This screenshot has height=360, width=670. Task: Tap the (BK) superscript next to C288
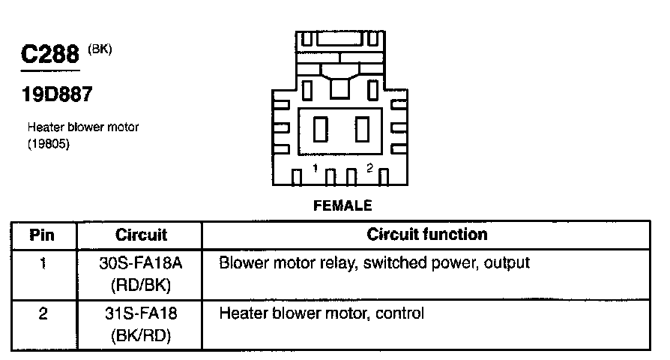tap(99, 49)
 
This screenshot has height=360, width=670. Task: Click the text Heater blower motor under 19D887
tap(82, 127)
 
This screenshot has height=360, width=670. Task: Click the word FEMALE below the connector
tap(342, 205)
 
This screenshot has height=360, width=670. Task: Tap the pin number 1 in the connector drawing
tap(316, 168)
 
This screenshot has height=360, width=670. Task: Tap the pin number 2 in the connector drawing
tap(369, 168)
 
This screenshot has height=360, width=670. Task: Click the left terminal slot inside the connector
tap(319, 130)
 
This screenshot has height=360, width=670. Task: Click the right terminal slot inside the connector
tap(363, 130)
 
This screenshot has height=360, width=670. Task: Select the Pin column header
tap(42, 235)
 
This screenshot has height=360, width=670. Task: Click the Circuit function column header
tap(426, 234)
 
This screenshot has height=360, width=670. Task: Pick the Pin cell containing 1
tap(42, 264)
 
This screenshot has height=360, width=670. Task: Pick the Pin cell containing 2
tap(42, 313)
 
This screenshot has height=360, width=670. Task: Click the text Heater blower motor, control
tap(322, 313)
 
